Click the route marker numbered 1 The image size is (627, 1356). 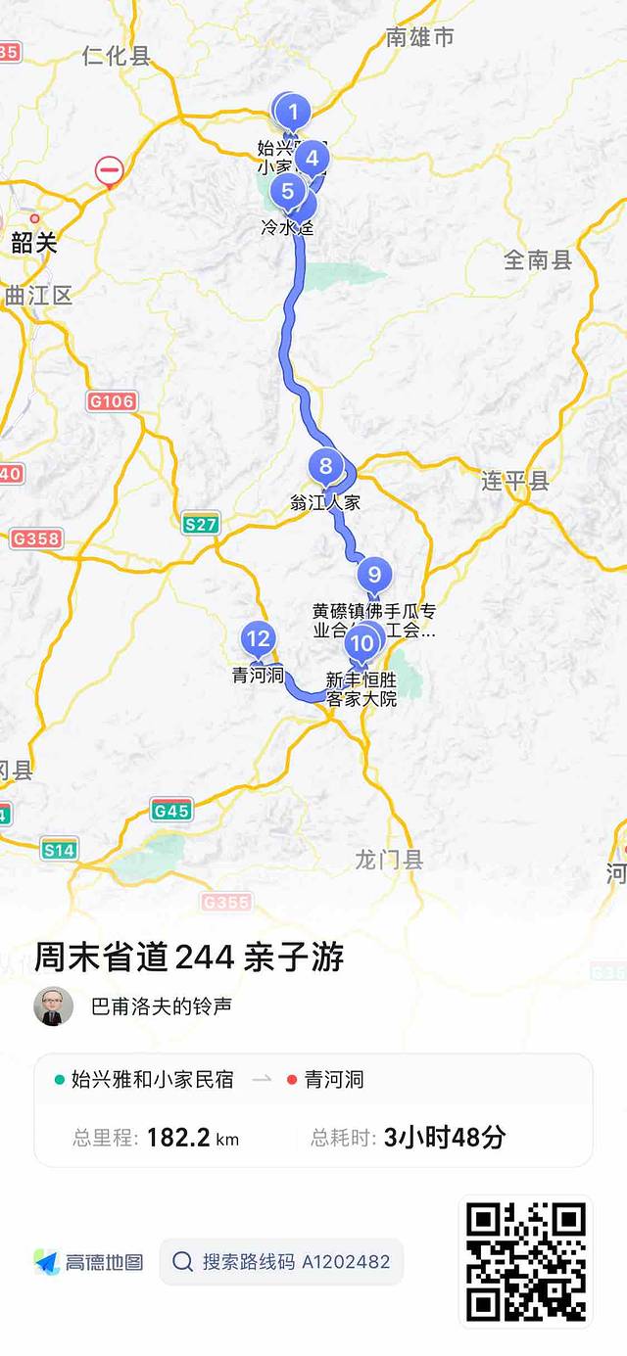[x=293, y=113]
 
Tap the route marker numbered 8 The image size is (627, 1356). [x=326, y=466]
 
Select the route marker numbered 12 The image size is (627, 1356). [x=258, y=639]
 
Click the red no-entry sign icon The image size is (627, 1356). [x=109, y=172]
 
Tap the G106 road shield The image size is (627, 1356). [x=112, y=401]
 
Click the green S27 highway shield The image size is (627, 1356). [x=201, y=523]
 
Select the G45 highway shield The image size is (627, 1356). [x=171, y=810]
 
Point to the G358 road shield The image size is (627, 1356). [x=36, y=538]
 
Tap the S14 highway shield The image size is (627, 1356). [x=59, y=850]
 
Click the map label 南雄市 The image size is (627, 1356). [x=420, y=37]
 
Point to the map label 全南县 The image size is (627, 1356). [x=538, y=259]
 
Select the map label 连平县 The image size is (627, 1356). [x=515, y=481]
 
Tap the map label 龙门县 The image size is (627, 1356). [x=389, y=860]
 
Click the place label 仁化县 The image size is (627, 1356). [x=117, y=56]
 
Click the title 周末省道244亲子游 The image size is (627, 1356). [x=189, y=957]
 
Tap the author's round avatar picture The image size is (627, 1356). [x=54, y=1005]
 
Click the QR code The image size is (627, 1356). [x=525, y=1261]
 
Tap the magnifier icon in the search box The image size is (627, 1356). [x=182, y=1262]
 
